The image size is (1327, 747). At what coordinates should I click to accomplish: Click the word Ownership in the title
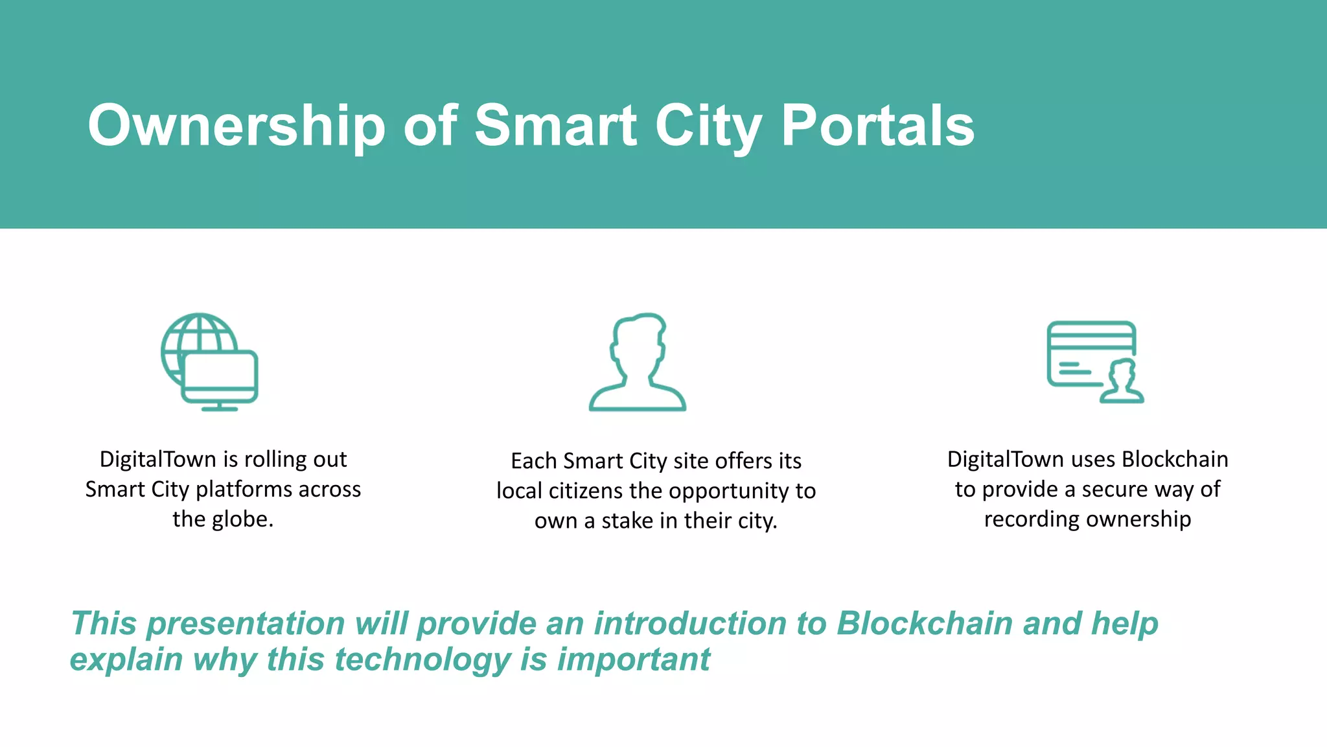(237, 126)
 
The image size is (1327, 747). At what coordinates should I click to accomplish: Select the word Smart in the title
(556, 126)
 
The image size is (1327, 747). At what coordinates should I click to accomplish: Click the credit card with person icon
(1094, 361)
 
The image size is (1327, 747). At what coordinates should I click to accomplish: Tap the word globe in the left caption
(241, 519)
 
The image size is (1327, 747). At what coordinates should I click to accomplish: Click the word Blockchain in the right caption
(1175, 459)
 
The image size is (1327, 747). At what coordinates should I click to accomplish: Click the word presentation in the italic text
(246, 624)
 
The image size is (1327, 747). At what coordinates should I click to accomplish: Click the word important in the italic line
(633, 659)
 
